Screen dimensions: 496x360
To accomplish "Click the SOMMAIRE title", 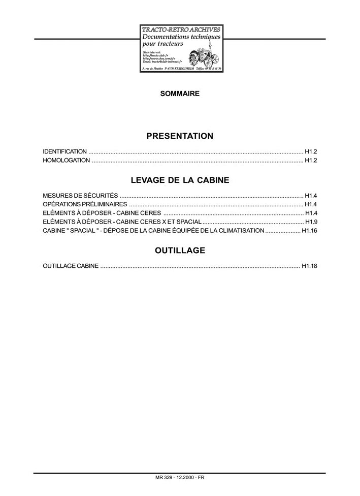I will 180,94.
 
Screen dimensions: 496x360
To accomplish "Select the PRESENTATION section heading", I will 180,136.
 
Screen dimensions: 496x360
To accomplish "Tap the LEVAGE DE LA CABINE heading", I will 180,180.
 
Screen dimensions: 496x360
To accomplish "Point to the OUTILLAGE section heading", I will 180,251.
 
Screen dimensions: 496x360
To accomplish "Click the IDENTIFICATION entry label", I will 65,151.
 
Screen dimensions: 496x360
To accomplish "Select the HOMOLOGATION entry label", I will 67,161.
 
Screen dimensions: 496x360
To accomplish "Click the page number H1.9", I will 311,222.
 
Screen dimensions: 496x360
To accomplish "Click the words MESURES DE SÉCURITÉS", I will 80,195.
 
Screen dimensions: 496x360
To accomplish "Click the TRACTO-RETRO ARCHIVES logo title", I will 181,30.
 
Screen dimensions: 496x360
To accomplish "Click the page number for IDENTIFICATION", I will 311,151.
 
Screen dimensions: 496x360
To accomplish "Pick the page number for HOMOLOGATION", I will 311,161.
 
